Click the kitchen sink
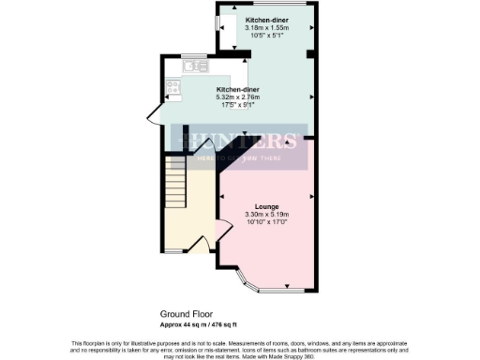click(x=193, y=67)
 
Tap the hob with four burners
click(x=172, y=89)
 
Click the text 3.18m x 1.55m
click(x=267, y=28)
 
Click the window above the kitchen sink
click(x=193, y=55)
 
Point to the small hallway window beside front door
click(x=167, y=250)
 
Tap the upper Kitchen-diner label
click(x=267, y=20)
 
